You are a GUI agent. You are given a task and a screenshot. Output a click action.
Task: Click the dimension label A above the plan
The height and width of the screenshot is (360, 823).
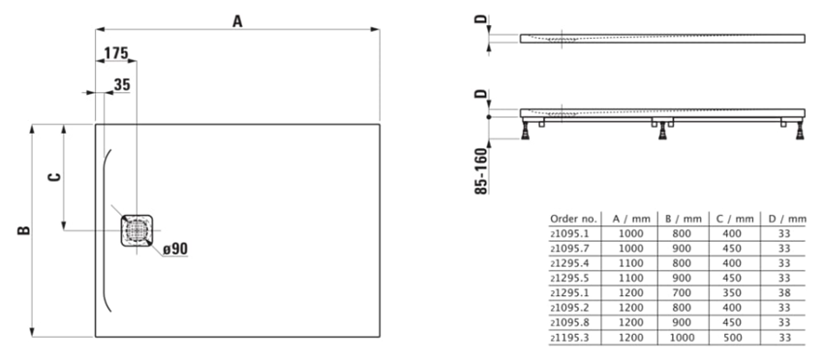coord(238,21)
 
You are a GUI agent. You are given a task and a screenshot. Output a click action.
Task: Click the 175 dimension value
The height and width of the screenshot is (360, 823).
coord(116,53)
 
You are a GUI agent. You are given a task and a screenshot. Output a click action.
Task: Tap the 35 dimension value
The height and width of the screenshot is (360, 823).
coord(122,85)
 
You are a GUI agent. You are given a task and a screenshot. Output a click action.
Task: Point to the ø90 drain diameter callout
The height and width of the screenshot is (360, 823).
coord(175,249)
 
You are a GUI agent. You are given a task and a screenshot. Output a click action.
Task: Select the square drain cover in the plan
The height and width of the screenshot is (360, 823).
coord(137,230)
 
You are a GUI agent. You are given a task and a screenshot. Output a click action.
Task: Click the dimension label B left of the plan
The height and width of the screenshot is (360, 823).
coord(23,230)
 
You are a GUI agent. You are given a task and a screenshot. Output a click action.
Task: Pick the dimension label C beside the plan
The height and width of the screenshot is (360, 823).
coord(54,177)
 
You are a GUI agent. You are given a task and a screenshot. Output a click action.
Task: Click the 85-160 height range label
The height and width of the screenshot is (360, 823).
coord(481,171)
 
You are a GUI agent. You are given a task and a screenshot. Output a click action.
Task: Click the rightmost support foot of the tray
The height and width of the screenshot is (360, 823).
coord(800,130)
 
